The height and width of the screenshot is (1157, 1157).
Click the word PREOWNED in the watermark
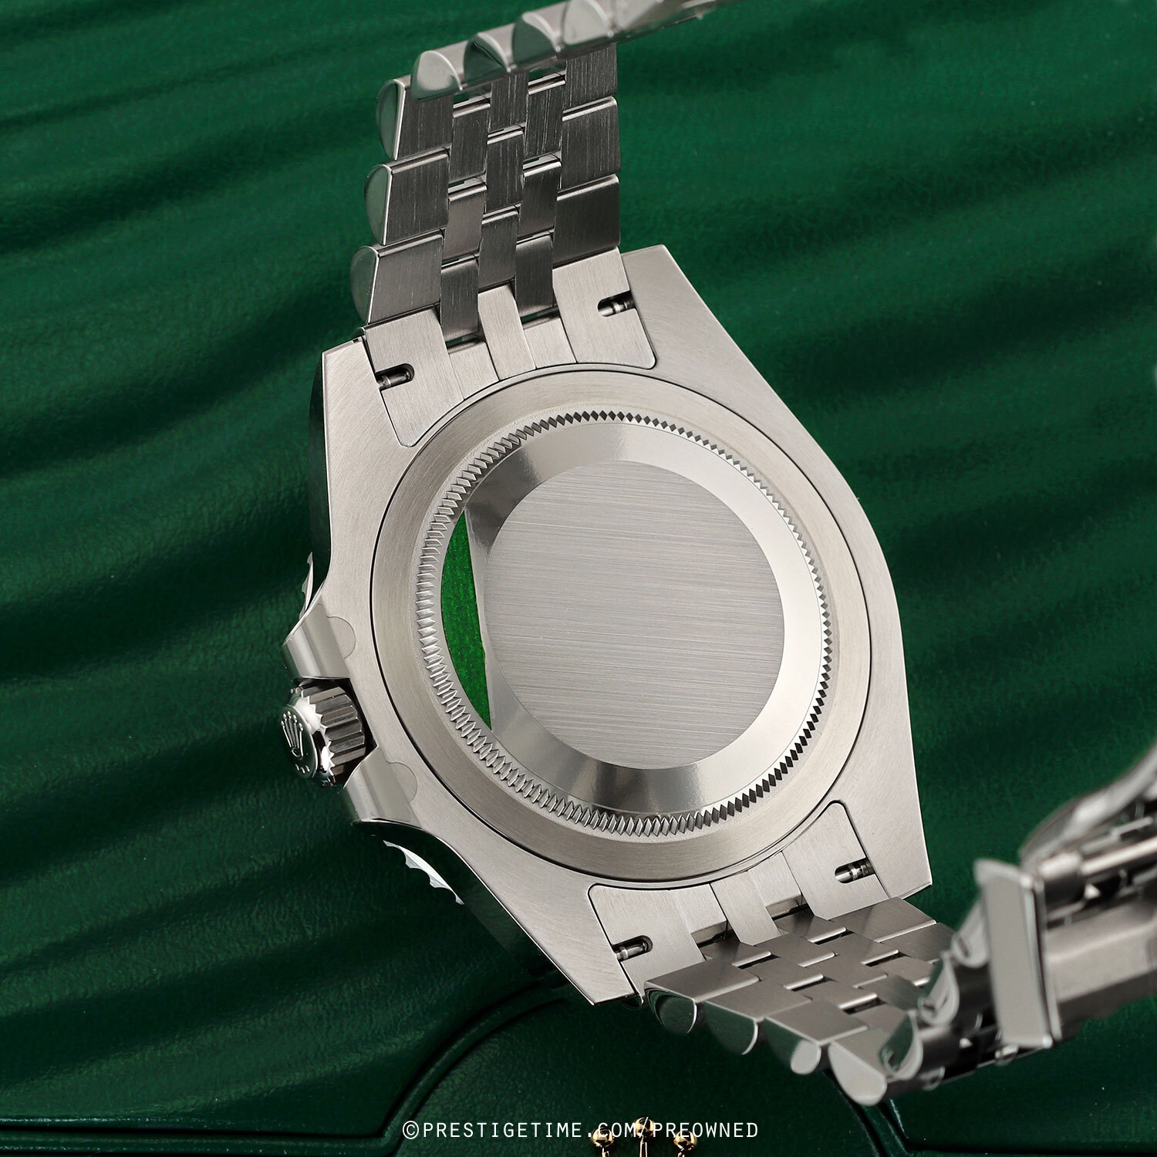click(707, 1130)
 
